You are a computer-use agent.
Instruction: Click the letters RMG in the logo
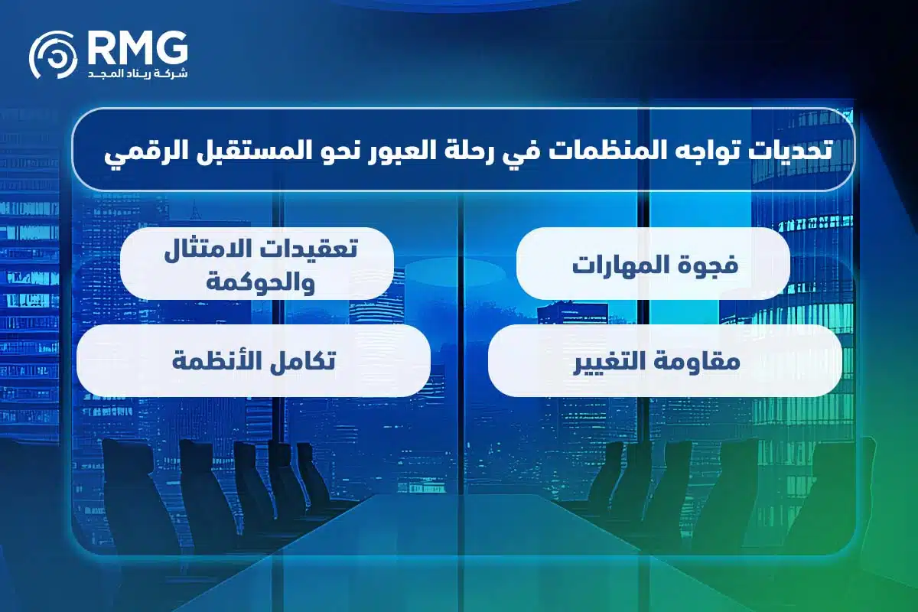click(x=136, y=47)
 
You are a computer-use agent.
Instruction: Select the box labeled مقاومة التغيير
click(x=665, y=360)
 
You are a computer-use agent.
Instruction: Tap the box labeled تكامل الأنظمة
click(x=253, y=360)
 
